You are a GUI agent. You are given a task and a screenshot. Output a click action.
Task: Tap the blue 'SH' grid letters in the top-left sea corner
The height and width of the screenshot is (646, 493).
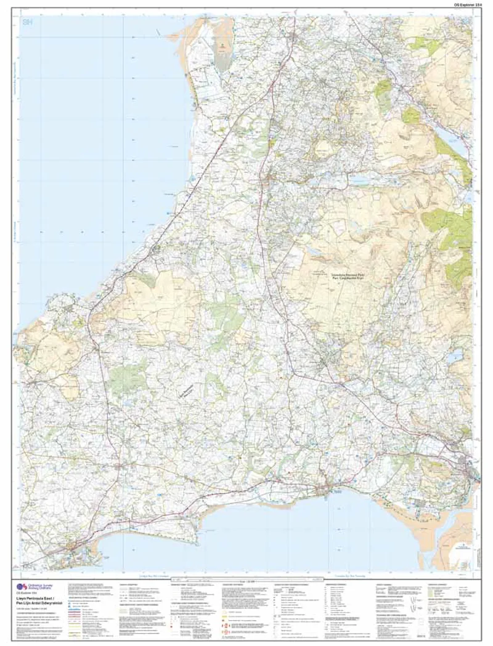(26, 22)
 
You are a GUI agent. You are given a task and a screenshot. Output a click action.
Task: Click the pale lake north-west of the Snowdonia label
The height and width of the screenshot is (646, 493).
(315, 252)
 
